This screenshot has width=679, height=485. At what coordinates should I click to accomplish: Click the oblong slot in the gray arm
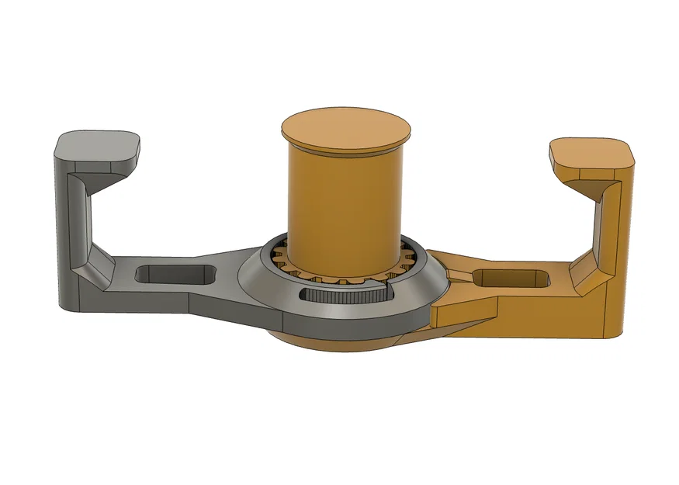pos(175,274)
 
